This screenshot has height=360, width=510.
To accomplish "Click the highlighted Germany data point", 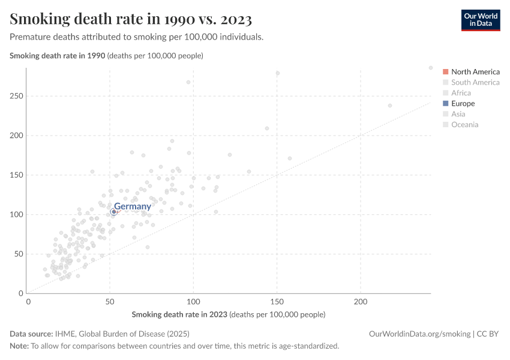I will click(x=113, y=212).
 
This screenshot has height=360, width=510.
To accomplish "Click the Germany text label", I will click(x=133, y=206).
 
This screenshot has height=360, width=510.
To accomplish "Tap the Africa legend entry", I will click(x=461, y=93).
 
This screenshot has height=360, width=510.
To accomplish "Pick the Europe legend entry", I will click(x=463, y=104).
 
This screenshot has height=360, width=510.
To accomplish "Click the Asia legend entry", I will click(x=458, y=114).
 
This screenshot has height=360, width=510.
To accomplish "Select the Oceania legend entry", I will click(x=464, y=125).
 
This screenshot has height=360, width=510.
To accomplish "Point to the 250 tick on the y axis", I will click(x=16, y=96).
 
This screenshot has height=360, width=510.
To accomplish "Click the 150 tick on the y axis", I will click(x=16, y=175).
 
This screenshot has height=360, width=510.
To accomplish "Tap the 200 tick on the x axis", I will click(x=361, y=301).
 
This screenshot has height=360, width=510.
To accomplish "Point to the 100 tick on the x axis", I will click(x=193, y=301).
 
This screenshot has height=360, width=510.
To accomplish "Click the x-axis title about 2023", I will click(x=228, y=314).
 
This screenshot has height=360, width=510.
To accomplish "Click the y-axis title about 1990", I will click(x=106, y=56).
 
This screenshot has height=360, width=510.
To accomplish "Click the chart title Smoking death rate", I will click(x=131, y=19).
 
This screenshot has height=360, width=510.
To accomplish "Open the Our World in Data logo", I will click(x=480, y=20).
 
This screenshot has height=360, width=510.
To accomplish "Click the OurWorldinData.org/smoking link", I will click(x=419, y=334).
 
